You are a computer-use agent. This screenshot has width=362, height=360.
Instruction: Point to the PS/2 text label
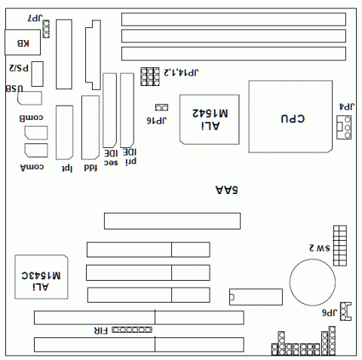click(19, 68)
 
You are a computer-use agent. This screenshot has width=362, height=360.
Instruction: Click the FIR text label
click(100, 331)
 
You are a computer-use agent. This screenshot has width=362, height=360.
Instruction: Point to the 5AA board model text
click(226, 192)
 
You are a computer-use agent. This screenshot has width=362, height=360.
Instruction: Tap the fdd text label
click(90, 168)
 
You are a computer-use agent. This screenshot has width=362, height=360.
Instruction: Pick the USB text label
click(14, 89)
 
